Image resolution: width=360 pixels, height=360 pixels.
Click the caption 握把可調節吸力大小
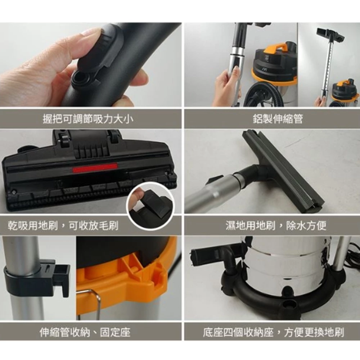coord(88,119)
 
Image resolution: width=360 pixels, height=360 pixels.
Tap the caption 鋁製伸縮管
coord(278,119)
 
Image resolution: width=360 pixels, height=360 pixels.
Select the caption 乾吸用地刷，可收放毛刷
coord(63,225)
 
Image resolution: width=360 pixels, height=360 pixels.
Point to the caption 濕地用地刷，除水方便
coord(276,225)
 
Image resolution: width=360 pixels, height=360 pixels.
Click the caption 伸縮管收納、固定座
coord(85,332)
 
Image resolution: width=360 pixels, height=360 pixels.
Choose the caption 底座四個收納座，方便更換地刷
coord(274,332)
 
